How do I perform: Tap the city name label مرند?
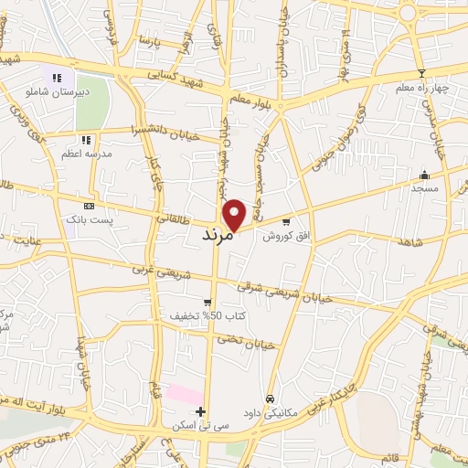click(x=218, y=236)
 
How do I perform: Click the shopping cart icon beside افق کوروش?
click(x=286, y=221)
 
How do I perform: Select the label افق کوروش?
click(x=282, y=236)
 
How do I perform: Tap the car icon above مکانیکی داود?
click(x=271, y=399)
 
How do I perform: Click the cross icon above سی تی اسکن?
click(x=201, y=412)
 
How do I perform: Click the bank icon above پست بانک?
click(x=88, y=207)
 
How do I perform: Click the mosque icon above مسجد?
click(x=423, y=175)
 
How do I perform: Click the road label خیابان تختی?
click(x=246, y=343)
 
